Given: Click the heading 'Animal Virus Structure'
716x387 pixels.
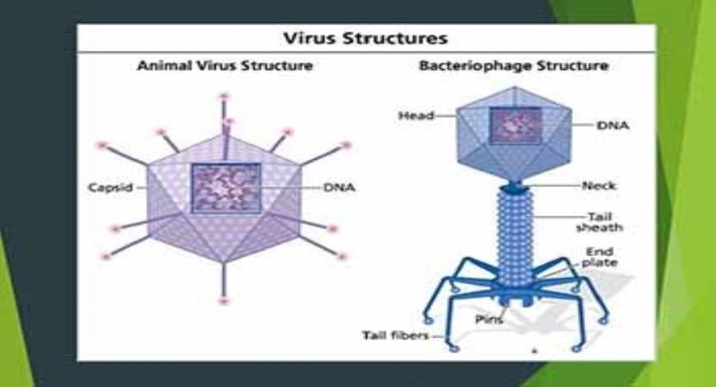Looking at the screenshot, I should [224, 65].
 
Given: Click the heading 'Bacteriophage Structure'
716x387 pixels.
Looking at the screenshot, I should [514, 65].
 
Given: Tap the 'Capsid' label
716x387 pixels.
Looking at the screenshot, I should [110, 187].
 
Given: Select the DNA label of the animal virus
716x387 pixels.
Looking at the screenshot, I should [338, 187].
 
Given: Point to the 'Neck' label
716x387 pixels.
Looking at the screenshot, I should [598, 185].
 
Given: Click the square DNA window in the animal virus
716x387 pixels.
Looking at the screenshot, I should [225, 188].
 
